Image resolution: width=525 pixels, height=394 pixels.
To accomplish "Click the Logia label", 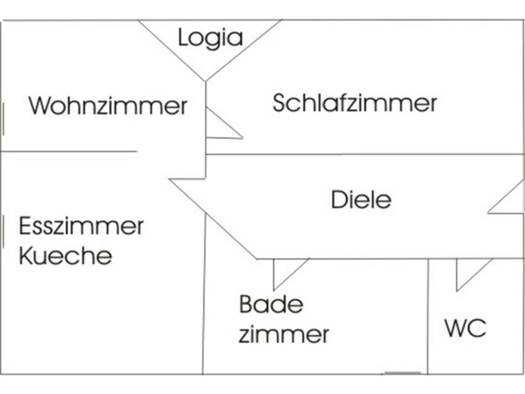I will point(210,38).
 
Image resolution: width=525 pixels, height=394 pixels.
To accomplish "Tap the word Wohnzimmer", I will point(107,106).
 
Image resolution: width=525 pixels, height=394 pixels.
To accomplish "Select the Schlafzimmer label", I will point(354,102).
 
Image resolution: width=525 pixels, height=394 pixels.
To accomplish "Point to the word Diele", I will point(360,199).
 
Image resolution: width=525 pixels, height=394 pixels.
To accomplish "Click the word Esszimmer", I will point(80,226).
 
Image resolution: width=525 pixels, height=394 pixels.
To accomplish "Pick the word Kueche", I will point(65,256).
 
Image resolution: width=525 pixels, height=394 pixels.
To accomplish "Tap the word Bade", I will point(271,304).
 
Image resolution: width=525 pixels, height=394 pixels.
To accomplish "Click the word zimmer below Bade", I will point(284,336).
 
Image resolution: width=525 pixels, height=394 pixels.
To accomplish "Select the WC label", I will point(465,328).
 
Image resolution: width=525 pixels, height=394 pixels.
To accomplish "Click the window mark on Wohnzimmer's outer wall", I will point(4,119).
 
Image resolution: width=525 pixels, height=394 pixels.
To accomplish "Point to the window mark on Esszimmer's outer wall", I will point(4,229).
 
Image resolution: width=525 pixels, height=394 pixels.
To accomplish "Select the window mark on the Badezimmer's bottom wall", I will point(402,373).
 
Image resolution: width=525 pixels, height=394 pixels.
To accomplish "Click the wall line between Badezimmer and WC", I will point(428,318).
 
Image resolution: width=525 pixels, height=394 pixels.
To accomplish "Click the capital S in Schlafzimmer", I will point(280,102).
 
